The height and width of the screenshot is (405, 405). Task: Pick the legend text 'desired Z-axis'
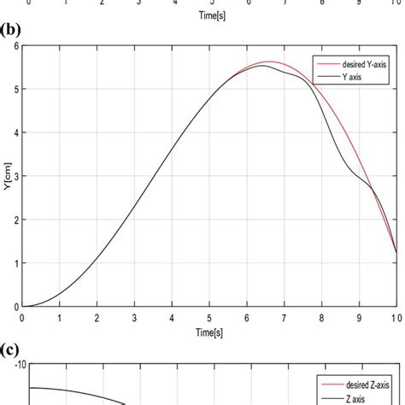click(362, 384)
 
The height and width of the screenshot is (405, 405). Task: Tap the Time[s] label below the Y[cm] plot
click(208, 330)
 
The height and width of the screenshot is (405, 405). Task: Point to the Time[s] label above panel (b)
click(208, 15)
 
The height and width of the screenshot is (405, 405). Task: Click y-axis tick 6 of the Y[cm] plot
click(14, 45)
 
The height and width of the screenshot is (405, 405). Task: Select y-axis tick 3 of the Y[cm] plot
click(14, 176)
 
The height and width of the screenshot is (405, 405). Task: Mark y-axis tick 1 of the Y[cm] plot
click(14, 263)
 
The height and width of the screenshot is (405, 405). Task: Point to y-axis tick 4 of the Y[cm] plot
click(14, 132)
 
